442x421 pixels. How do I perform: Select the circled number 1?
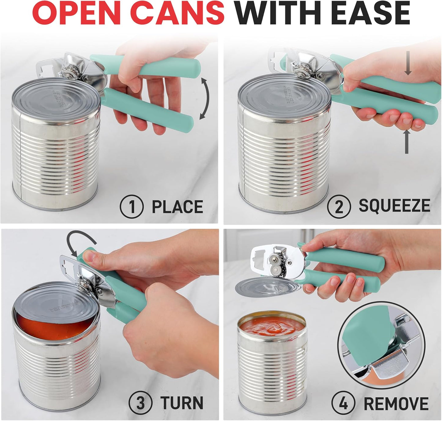[x=132, y=207]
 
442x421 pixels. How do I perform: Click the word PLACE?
[x=177, y=207]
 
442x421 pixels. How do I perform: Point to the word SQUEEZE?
[x=394, y=206]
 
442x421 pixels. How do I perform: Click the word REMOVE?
[x=396, y=403]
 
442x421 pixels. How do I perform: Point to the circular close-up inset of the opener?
[x=381, y=344]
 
